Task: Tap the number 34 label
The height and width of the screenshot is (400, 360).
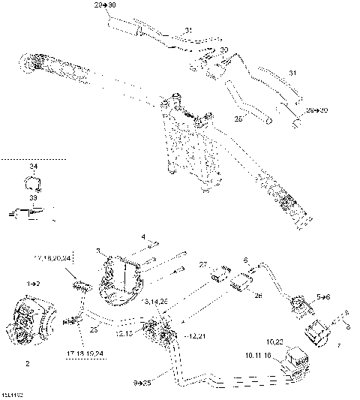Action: click(x=33, y=166)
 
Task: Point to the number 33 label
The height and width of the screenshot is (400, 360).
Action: click(x=33, y=198)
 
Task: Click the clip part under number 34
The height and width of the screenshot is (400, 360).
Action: click(x=31, y=182)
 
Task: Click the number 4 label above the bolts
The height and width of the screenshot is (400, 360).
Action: click(x=142, y=236)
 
